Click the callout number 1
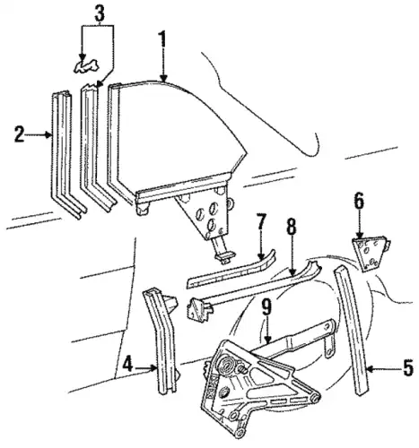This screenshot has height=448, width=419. pyautogui.click(x=162, y=39)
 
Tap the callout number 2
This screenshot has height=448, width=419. pyautogui.click(x=19, y=134)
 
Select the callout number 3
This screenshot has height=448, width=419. pyautogui.click(x=100, y=13)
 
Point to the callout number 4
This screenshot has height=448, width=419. pyautogui.click(x=127, y=364)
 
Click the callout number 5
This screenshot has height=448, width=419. pyautogui.click(x=408, y=367)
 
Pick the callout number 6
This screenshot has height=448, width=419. pyautogui.click(x=359, y=201)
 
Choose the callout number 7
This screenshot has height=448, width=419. pyautogui.click(x=260, y=222)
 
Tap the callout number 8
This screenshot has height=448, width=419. pyautogui.click(x=292, y=227)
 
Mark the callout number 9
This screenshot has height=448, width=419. pyautogui.click(x=266, y=307)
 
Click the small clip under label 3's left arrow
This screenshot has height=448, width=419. pyautogui.click(x=86, y=66)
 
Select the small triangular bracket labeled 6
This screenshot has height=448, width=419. pyautogui.click(x=370, y=253)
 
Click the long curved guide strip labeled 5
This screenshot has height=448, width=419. pyautogui.click(x=352, y=329)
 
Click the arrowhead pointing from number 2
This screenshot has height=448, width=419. pyautogui.click(x=48, y=135)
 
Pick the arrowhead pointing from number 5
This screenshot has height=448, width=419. pyautogui.click(x=369, y=369)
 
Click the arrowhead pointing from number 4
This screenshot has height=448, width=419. pyautogui.click(x=153, y=369)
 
